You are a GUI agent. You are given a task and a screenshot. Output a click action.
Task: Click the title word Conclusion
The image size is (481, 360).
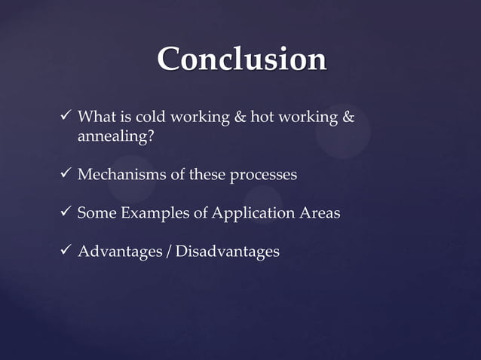pos(241,59)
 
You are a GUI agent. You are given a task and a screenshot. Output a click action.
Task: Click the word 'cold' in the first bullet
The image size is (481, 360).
pos(149,118)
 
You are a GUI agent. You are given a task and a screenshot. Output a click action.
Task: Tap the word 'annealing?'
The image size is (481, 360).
pos(112,137)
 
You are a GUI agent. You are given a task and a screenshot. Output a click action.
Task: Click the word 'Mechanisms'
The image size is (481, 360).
pos(121,175)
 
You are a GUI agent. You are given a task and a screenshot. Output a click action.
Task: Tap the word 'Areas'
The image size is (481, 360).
pos(320,213)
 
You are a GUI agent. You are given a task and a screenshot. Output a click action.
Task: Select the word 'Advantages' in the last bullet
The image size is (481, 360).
pos(121,252)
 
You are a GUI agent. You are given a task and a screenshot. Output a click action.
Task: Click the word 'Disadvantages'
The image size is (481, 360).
pos(227,252)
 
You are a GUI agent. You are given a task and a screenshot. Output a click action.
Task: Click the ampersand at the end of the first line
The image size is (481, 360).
pos(348,118)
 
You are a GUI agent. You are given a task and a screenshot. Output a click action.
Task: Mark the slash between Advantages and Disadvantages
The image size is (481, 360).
pos(170,252)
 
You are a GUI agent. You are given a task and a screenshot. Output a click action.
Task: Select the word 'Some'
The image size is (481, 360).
pos(97,213)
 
